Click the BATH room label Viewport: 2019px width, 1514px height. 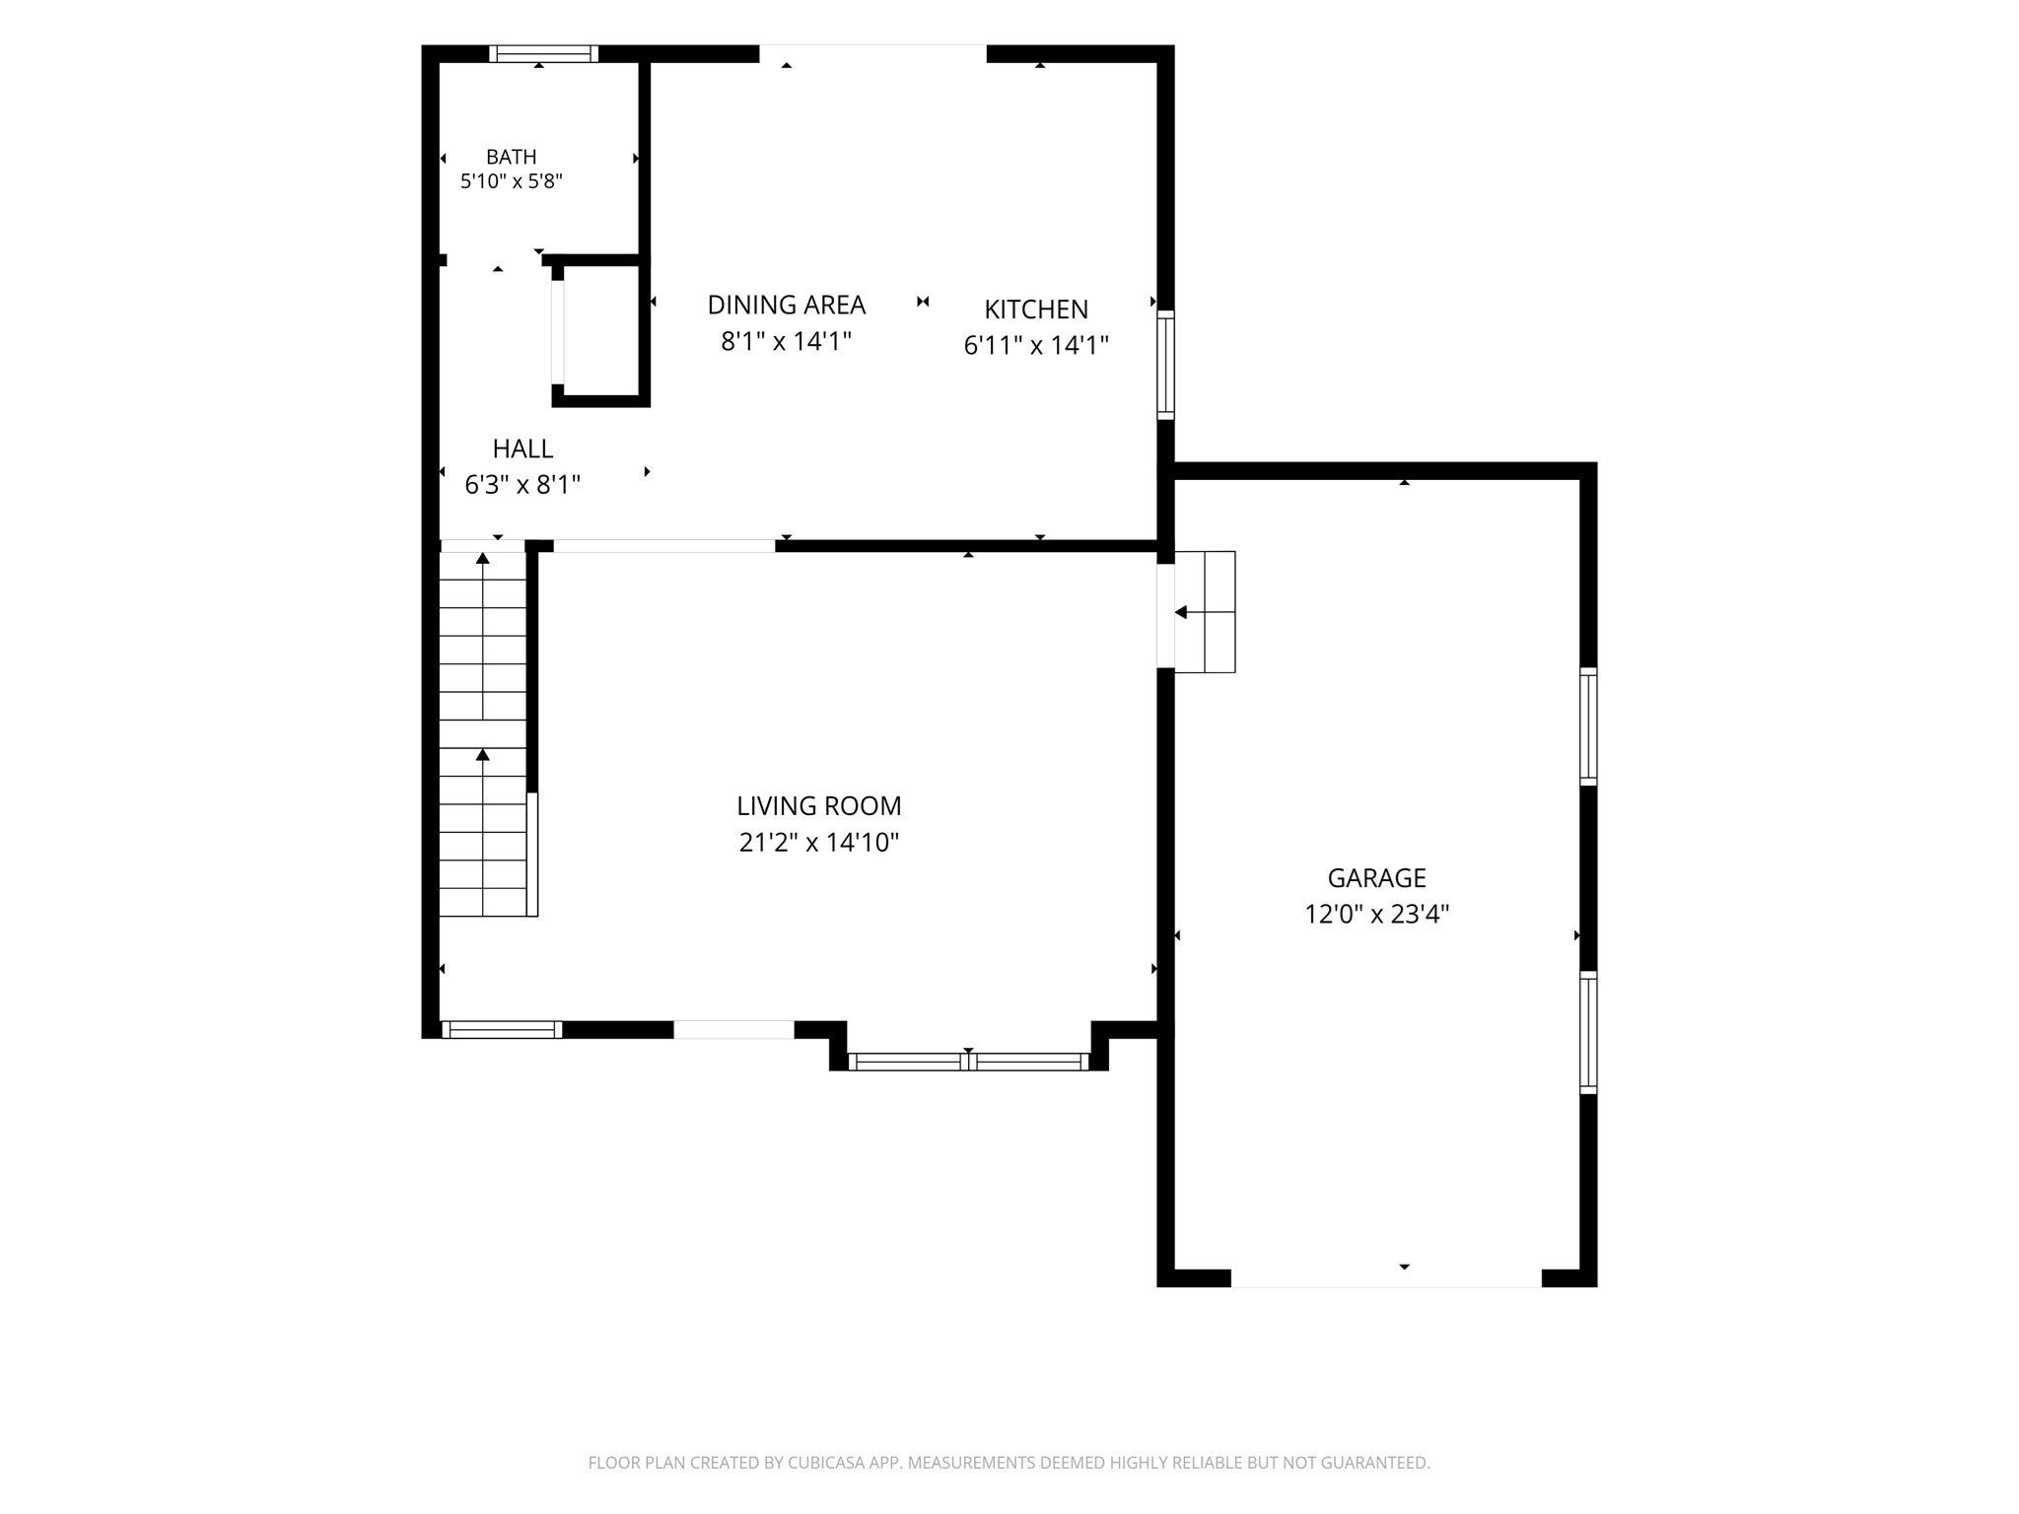coord(511,157)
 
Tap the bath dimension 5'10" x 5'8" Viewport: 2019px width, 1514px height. coord(511,181)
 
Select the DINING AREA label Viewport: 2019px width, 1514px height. coord(786,305)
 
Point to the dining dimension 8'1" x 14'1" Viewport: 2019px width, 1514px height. coord(786,341)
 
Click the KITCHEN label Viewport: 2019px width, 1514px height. coord(1036,310)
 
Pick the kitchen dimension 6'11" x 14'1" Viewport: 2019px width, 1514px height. coord(1036,345)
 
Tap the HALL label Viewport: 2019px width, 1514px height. coord(522,448)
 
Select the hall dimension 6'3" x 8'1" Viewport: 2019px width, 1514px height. coord(522,485)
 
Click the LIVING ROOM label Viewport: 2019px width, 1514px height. coord(818,806)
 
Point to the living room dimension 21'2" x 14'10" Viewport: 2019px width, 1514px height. coord(818,843)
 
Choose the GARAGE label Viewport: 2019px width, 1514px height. coord(1376,878)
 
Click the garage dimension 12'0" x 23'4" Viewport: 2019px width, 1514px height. coord(1376,915)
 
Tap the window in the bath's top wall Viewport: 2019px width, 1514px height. coord(544,54)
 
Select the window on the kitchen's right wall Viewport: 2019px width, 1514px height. coord(1165,365)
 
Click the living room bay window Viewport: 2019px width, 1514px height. coord(968,1062)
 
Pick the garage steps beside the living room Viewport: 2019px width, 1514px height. coord(1205,612)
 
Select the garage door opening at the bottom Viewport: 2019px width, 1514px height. coord(1386,1278)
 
